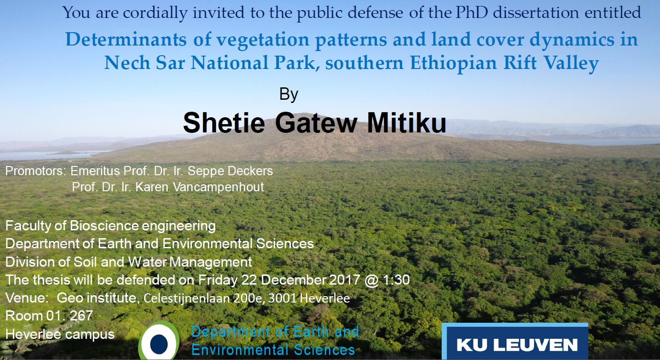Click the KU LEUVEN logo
[515, 342]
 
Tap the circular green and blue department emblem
[159, 342]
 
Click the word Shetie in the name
[224, 123]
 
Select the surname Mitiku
[407, 123]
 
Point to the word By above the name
[289, 95]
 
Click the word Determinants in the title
[126, 39]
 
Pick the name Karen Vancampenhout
[200, 187]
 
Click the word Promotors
[36, 171]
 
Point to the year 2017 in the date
[345, 280]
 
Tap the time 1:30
[396, 280]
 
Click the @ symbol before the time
[371, 280]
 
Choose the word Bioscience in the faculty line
[104, 226]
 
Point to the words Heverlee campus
[60, 334]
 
